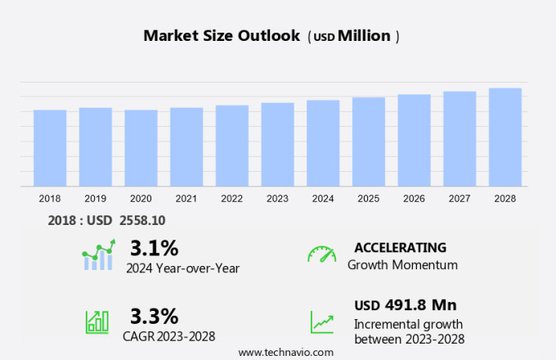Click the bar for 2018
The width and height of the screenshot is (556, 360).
50,148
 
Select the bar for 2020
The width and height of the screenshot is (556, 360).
141,148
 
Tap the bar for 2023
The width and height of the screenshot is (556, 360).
278,145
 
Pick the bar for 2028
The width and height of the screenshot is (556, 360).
505,137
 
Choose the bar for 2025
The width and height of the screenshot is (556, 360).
369,142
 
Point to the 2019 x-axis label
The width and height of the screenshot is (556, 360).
95,198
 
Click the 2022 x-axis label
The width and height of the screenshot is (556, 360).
231,198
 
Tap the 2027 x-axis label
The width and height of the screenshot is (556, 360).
460,198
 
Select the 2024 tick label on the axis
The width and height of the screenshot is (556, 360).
323,198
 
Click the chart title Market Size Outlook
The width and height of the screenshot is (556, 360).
221,36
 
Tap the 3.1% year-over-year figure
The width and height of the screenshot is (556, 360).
154,248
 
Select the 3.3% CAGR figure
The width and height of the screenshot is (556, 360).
154,315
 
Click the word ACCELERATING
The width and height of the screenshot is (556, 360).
400,248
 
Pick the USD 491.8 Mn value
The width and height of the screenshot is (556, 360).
405,305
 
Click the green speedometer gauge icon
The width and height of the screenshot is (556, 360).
321,254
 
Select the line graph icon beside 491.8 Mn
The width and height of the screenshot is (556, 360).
321,321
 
